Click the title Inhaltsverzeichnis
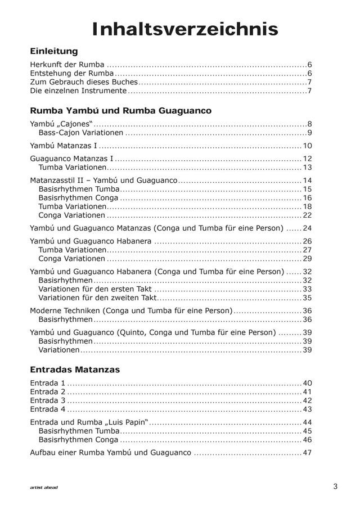click(x=185, y=29)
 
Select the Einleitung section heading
click(x=53, y=51)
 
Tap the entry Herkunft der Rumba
click(x=67, y=65)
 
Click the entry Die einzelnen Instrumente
click(x=78, y=91)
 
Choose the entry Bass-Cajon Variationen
click(x=81, y=133)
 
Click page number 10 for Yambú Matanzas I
click(x=307, y=146)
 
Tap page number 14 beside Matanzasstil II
click(x=307, y=181)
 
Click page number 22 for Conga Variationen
click(x=307, y=215)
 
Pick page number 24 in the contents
click(x=307, y=228)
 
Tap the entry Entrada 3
click(x=48, y=400)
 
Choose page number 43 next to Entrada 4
click(x=307, y=409)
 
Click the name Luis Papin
click(x=127, y=422)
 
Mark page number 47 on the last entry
click(x=307, y=452)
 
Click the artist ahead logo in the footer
click(x=44, y=488)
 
